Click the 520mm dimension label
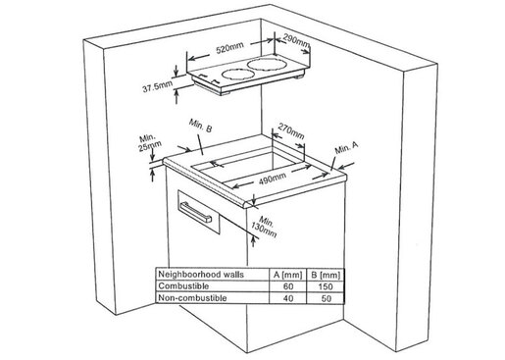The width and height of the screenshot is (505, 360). (x=230, y=48)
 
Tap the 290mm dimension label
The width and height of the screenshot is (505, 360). (x=296, y=39)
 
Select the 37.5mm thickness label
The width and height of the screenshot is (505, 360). (x=157, y=86)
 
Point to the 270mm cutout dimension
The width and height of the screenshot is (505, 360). (x=290, y=131)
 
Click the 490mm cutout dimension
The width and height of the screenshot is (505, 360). (x=273, y=179)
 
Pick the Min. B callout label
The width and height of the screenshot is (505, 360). (x=200, y=126)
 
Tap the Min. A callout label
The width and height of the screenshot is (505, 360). (x=346, y=148)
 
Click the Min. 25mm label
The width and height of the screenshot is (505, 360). (x=149, y=142)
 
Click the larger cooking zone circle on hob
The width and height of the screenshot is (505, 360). (x=267, y=64)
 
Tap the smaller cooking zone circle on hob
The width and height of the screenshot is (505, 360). (x=237, y=75)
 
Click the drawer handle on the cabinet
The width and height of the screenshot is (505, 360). (x=196, y=212)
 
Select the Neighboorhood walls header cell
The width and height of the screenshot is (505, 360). (x=201, y=274)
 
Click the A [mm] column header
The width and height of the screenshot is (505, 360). (x=287, y=275)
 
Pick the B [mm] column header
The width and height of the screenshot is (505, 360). (x=326, y=275)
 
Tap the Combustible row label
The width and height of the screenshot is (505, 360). (x=183, y=286)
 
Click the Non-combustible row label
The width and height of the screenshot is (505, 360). (x=192, y=298)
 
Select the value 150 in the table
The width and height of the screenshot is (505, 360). (x=326, y=286)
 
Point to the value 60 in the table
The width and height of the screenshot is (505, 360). (x=288, y=286)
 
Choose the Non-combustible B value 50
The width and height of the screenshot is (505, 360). (x=326, y=298)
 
